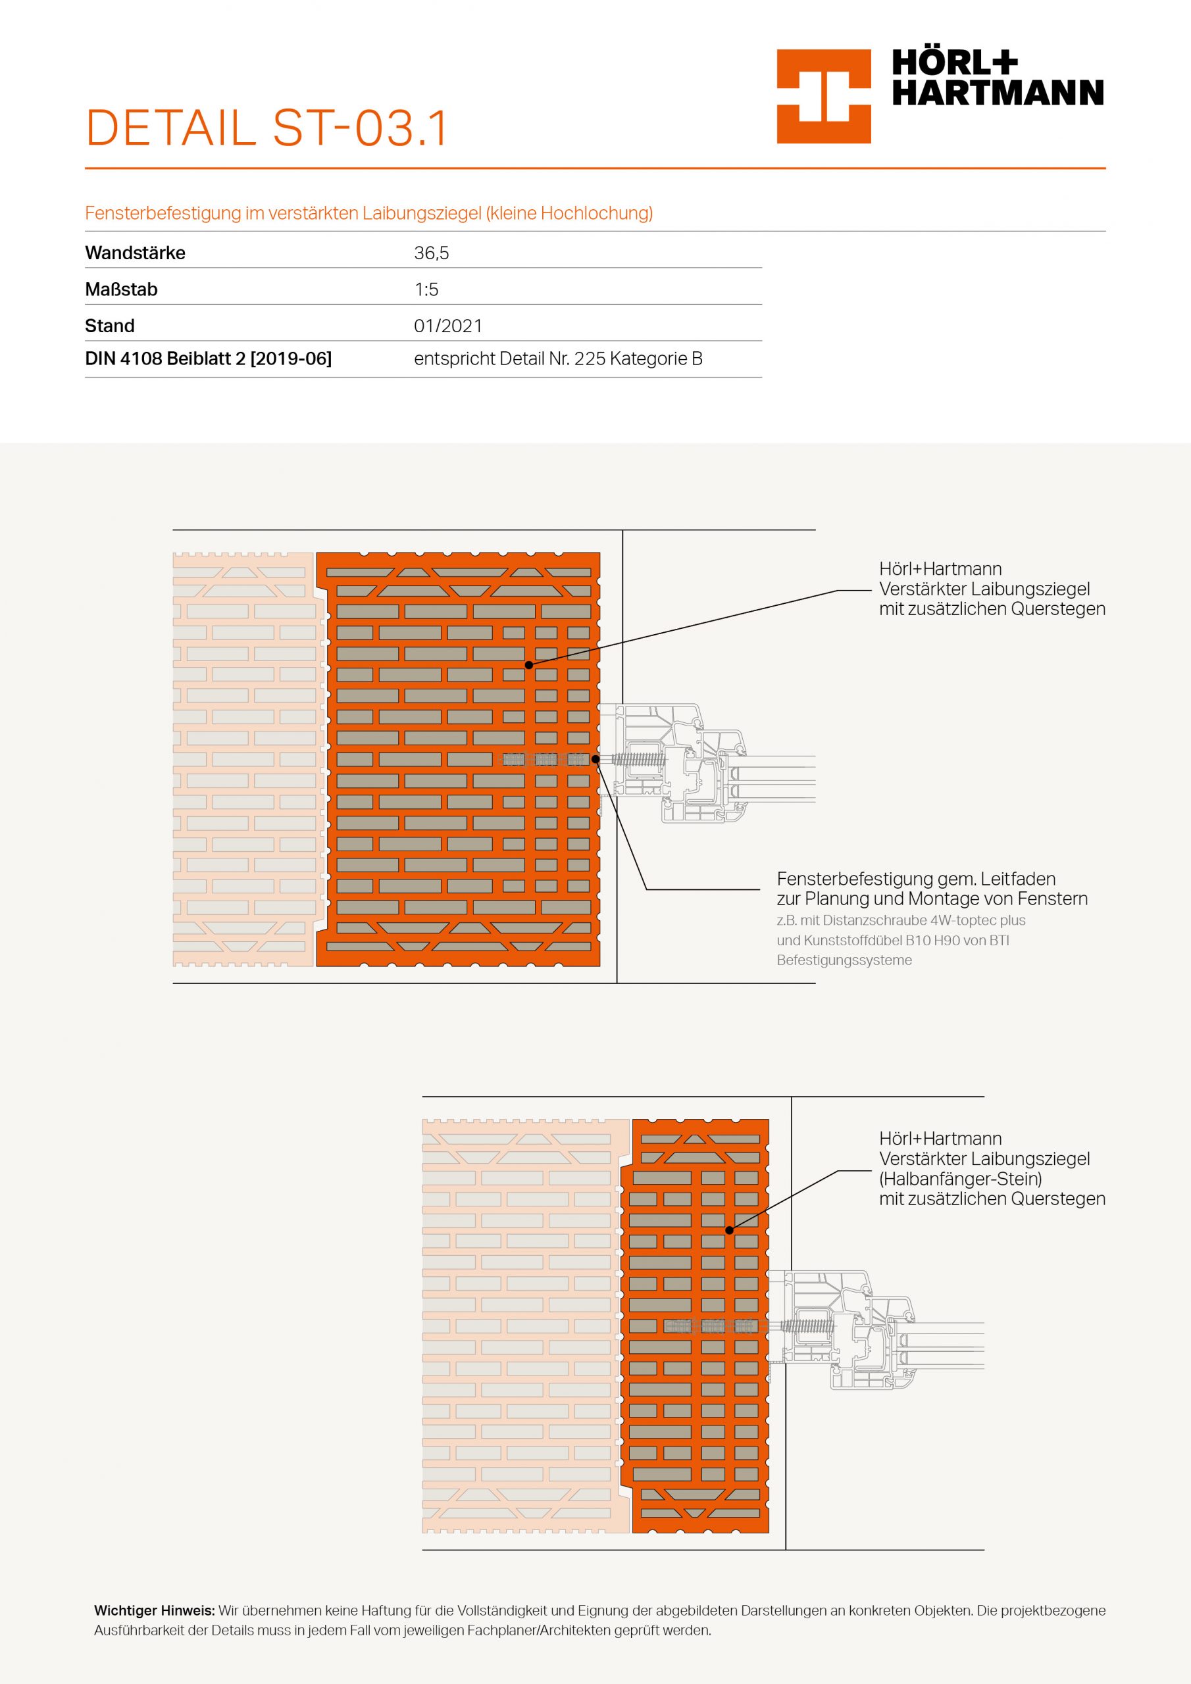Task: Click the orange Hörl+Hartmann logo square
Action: click(823, 96)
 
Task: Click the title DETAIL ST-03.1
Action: click(266, 128)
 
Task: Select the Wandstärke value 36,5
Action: click(432, 253)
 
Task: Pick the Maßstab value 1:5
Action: click(426, 289)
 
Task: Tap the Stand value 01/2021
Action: click(447, 326)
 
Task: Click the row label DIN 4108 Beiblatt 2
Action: click(209, 359)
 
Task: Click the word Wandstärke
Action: click(135, 253)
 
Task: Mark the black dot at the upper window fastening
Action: click(595, 759)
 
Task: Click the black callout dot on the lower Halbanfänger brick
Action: click(730, 1230)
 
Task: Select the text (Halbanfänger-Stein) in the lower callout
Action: click(961, 1179)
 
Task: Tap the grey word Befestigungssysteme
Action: click(844, 960)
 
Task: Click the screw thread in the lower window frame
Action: click(808, 1326)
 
